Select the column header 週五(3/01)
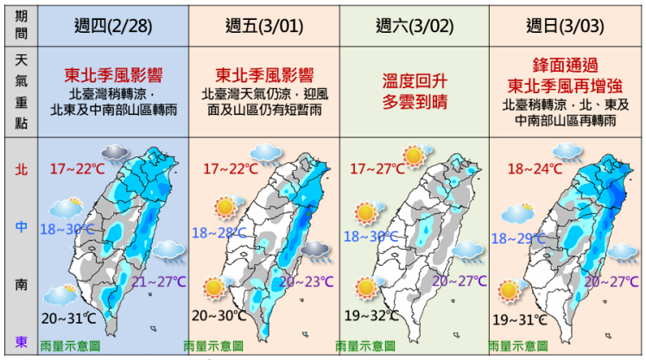tap(262, 25)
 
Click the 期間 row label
tap(20, 25)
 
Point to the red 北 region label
tap(20, 168)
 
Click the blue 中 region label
tap(20, 227)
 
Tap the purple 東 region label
tap(20, 341)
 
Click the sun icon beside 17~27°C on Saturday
tap(417, 155)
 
